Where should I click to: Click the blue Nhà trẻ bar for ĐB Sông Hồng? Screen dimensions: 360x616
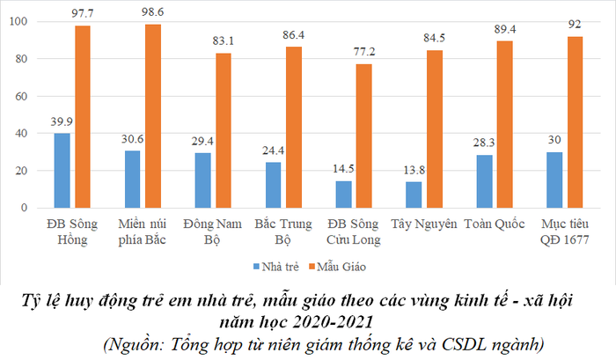(x=62, y=171)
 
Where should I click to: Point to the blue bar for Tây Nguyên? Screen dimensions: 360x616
(x=414, y=195)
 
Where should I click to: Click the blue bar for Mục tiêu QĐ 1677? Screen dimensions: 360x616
(x=554, y=180)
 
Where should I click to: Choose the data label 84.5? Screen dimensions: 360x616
(x=434, y=40)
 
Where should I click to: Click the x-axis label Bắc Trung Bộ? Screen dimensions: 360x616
(x=281, y=232)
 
